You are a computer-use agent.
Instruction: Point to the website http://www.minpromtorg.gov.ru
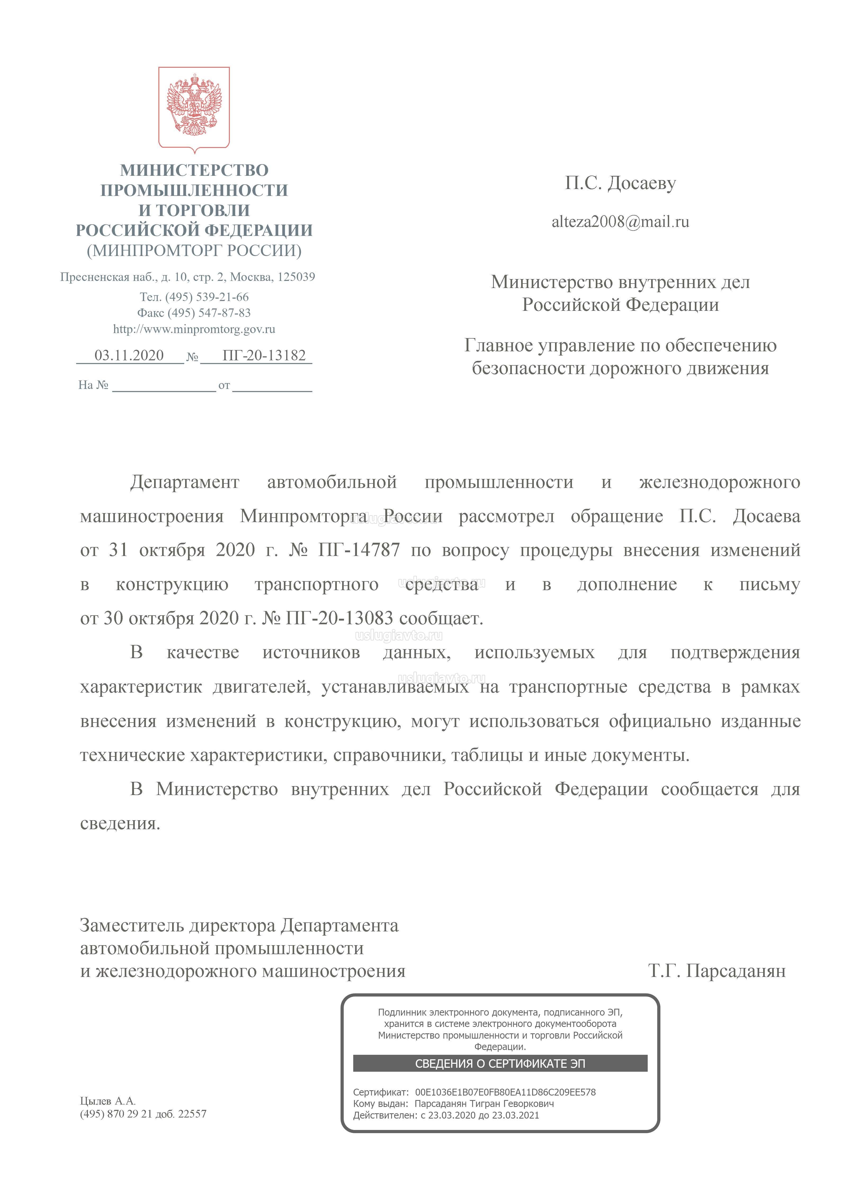pos(194,329)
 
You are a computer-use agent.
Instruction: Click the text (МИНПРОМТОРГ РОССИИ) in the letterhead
pos(194,251)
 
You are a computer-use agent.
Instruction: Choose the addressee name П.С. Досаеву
pos(620,183)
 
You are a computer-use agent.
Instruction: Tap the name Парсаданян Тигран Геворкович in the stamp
pos(484,1103)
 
